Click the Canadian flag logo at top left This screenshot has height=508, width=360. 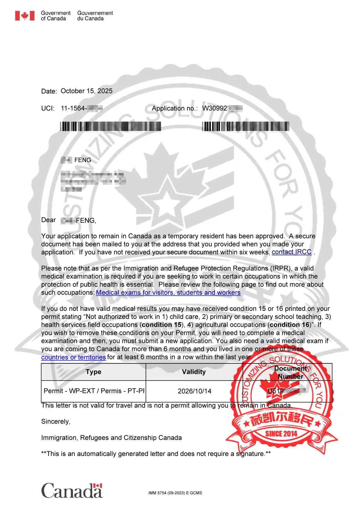coord(25,16)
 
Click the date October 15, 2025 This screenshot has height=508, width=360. coord(86,91)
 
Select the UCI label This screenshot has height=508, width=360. coord(48,108)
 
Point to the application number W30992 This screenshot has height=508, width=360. coord(214,108)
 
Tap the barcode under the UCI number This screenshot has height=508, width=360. coord(111,126)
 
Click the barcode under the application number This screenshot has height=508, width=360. coord(245,127)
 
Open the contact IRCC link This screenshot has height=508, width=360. coord(291,252)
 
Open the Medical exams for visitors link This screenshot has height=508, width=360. coord(168,293)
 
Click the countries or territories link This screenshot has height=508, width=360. coord(73,357)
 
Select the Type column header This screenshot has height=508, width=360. coord(93,372)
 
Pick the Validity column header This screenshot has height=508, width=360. coord(194,372)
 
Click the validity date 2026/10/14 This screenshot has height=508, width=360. coord(194,391)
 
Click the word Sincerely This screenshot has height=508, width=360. coord(56,421)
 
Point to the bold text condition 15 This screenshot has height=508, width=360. coord(161,325)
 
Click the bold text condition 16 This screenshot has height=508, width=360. coord(289,325)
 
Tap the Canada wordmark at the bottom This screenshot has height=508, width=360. coord(72,491)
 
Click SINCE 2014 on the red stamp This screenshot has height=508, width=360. coord(281,434)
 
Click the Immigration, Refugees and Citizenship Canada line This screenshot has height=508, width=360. coord(111,438)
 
